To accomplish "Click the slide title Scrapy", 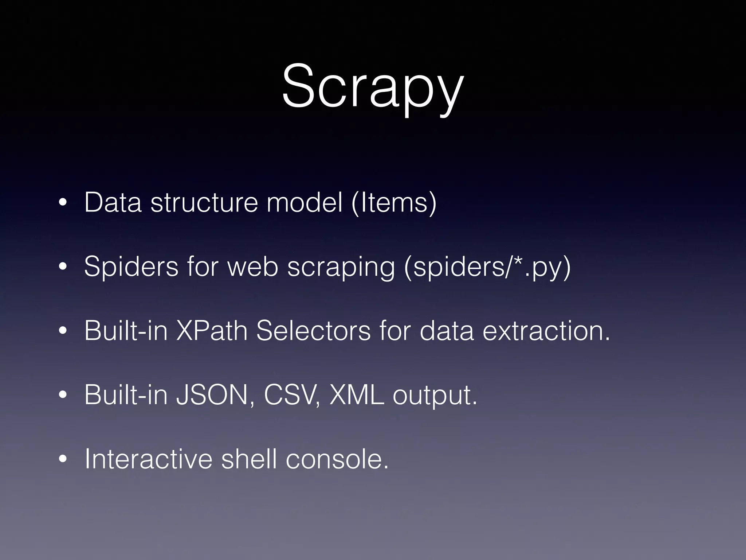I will coord(373,86).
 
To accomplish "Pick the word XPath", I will coord(212,331).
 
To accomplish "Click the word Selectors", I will coord(313,331).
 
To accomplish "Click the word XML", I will coord(357,394).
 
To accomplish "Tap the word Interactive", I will coord(148,459).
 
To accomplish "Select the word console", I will coord(337,459).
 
